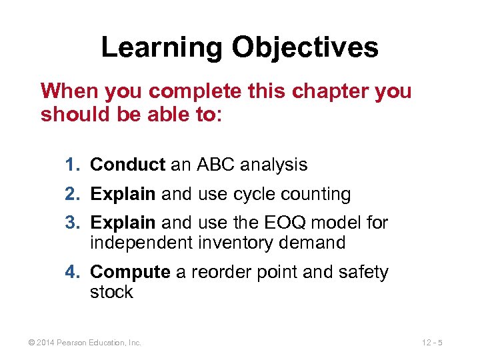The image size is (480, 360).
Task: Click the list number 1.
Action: pos(73,164)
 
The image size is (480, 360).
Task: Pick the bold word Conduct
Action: pos(127,164)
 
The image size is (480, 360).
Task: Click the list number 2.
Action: pos(73,194)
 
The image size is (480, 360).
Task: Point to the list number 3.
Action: pos(73,222)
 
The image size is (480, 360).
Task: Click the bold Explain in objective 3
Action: pos(123,222)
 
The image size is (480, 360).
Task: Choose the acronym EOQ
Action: pos(290,222)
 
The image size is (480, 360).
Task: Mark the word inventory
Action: pos(235,243)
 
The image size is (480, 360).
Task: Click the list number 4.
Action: pos(73,272)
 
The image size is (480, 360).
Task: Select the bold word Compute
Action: pos(130,272)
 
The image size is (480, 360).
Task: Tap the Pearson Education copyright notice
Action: pos(85,343)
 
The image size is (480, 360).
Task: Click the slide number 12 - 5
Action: pos(432,343)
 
